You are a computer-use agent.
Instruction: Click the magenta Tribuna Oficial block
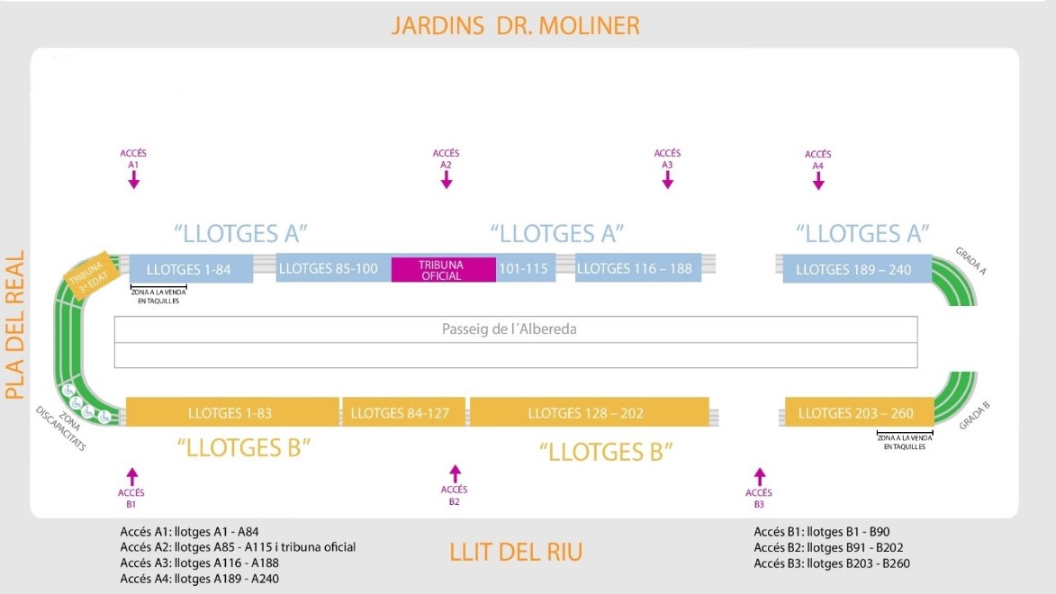click(x=443, y=270)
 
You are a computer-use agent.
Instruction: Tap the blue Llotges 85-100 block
click(x=332, y=269)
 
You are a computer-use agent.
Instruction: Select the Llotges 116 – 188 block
click(x=637, y=269)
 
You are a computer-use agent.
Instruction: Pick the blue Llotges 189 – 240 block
click(x=853, y=269)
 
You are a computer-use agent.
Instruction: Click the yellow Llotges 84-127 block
click(x=403, y=413)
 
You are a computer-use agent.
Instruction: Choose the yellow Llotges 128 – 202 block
click(x=589, y=413)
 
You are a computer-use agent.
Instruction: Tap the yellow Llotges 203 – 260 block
click(x=855, y=413)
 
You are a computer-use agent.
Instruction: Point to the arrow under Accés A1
click(x=133, y=180)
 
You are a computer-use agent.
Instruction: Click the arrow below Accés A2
click(x=446, y=179)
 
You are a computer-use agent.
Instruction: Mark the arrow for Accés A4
click(x=817, y=181)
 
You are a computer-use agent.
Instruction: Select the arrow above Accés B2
click(x=455, y=473)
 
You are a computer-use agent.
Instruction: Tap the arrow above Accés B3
click(x=759, y=476)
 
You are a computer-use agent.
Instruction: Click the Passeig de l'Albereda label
click(x=509, y=329)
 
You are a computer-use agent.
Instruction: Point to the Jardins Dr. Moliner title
click(x=515, y=25)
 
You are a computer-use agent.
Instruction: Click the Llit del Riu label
click(x=516, y=552)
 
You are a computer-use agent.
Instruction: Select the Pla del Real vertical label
click(x=14, y=324)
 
